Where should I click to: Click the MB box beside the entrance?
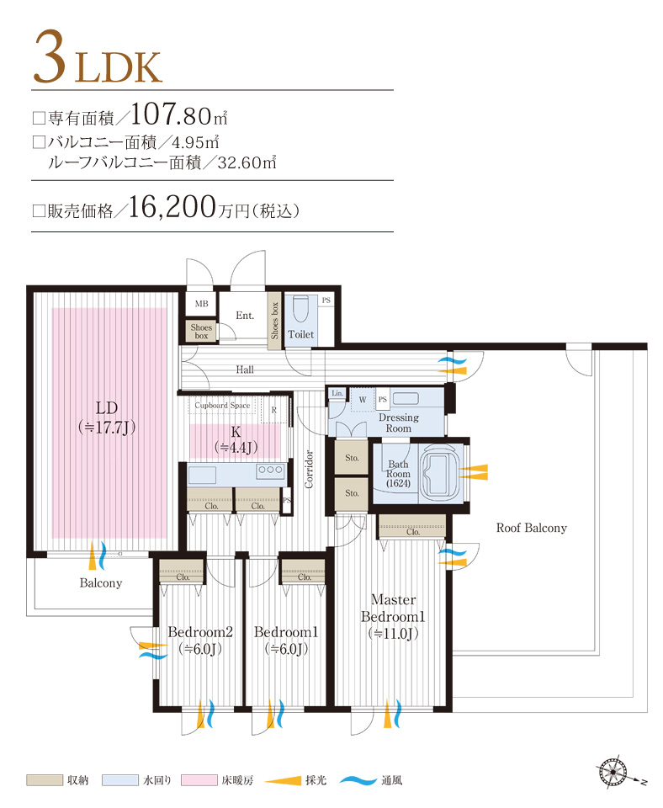point(201,304)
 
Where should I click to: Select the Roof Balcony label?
point(531,529)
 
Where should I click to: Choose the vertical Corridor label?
point(310,470)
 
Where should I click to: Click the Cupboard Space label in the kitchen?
point(222,406)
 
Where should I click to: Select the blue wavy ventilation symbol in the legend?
point(358,780)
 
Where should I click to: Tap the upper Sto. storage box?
point(352,459)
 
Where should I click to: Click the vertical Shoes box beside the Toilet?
point(273,320)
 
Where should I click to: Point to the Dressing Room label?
point(398,423)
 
